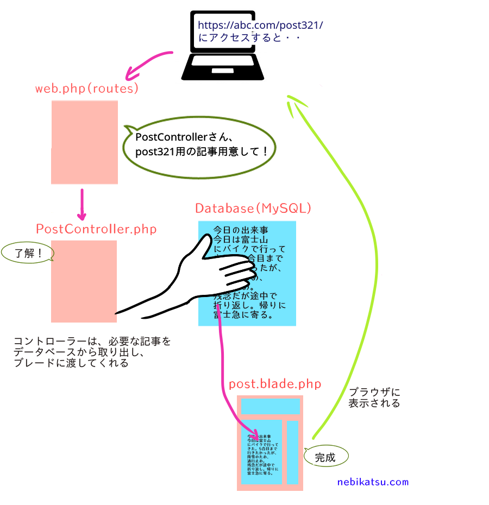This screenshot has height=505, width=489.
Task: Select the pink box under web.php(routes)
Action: coord(84,142)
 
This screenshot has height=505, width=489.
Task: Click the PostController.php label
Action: coord(96,229)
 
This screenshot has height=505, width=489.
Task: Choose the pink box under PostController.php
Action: coord(84,281)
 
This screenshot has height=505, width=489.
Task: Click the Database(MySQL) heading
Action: coord(253,209)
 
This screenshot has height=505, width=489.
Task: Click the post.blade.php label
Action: coord(275,384)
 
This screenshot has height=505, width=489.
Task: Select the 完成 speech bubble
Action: coord(325,457)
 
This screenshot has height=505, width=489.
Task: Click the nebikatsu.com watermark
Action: coord(373,482)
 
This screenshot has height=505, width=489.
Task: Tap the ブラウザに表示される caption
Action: coord(374,397)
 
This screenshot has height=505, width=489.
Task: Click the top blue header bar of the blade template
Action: coord(270,406)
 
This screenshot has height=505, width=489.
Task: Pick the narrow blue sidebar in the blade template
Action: coord(293,452)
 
